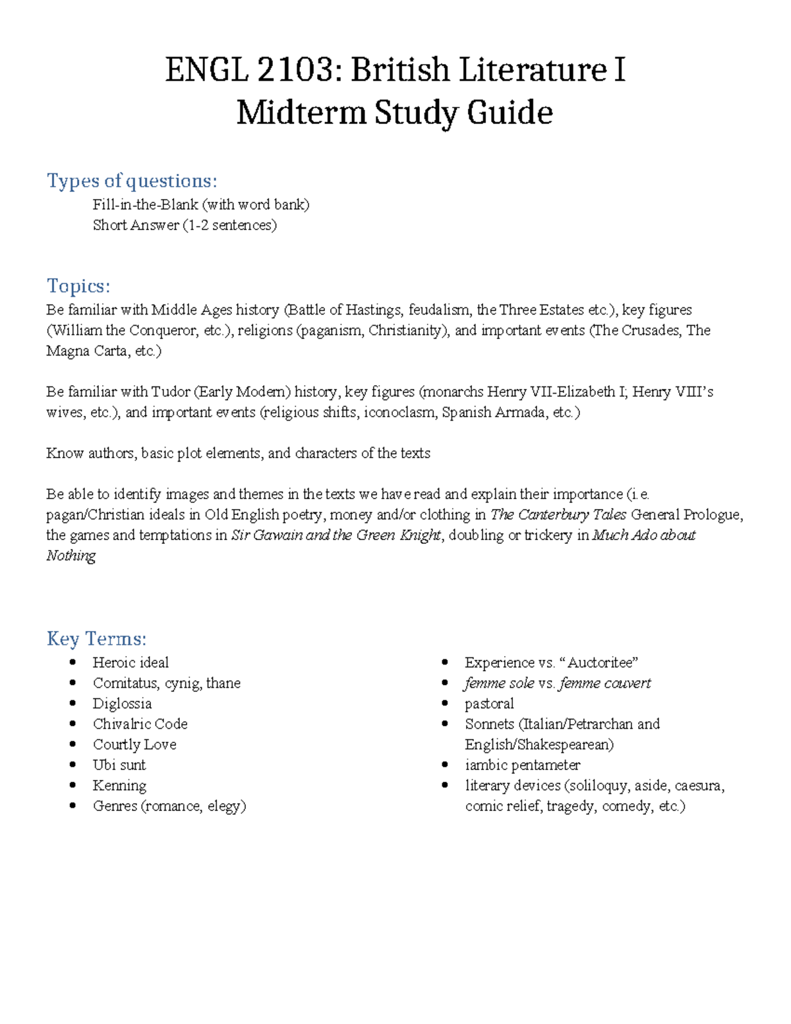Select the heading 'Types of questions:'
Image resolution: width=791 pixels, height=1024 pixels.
(x=132, y=181)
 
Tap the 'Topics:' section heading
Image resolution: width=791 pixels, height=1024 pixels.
(x=78, y=286)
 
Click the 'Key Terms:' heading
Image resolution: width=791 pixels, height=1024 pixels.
(x=96, y=639)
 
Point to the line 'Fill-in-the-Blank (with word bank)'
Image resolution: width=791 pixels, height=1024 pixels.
(x=201, y=204)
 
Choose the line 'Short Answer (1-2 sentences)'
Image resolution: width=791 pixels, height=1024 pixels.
(x=185, y=225)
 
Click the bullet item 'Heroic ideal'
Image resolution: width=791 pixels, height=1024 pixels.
(x=131, y=663)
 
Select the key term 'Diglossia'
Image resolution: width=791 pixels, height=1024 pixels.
(x=122, y=704)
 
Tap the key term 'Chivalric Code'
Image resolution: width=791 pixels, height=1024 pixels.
(x=140, y=724)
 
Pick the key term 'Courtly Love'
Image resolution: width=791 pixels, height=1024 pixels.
(x=134, y=744)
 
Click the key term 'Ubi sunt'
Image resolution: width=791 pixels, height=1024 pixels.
(x=119, y=765)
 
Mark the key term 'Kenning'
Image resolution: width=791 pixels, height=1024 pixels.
(x=119, y=785)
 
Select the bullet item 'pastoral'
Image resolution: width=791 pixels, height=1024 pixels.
(x=489, y=704)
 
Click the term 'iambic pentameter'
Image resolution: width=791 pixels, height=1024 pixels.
(x=522, y=765)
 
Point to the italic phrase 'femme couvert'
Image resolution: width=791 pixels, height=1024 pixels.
(x=604, y=683)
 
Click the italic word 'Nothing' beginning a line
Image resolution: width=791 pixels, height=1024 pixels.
(x=71, y=556)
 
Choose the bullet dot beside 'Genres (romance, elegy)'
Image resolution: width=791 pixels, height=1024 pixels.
(x=73, y=806)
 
